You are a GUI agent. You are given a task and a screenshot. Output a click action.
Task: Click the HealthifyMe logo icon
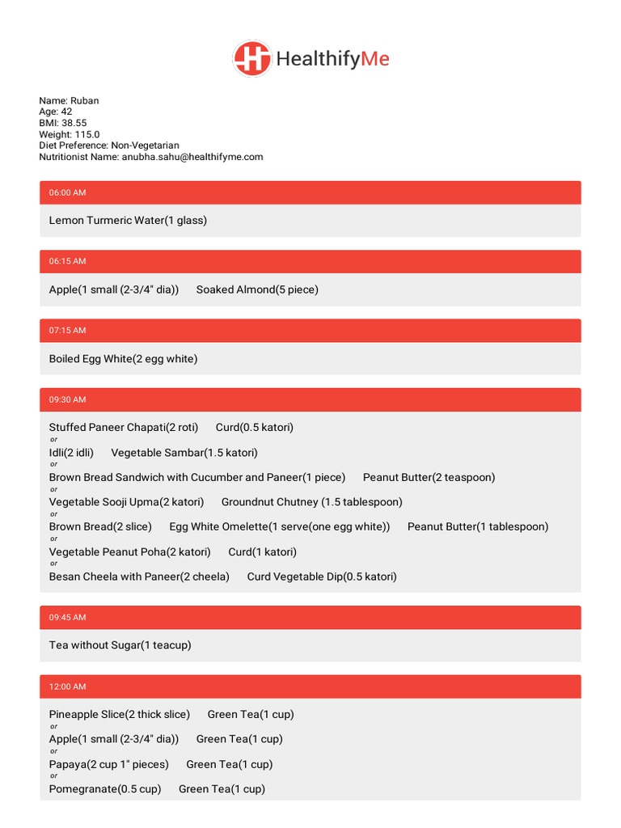(x=251, y=59)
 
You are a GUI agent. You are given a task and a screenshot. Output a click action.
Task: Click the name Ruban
(x=85, y=101)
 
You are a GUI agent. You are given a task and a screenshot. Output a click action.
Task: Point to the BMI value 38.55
(x=74, y=124)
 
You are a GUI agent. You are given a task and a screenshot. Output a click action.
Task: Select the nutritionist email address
(x=192, y=157)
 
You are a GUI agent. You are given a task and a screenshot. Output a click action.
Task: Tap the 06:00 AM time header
(x=67, y=192)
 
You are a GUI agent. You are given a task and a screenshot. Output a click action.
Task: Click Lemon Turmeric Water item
(x=128, y=220)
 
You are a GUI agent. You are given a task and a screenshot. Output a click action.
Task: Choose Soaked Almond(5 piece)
(x=257, y=289)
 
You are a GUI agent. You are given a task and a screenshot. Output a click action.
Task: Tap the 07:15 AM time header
(x=67, y=330)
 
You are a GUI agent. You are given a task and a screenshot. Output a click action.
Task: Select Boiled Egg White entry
(x=123, y=358)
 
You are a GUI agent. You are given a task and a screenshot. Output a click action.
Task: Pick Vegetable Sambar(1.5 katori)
(x=184, y=453)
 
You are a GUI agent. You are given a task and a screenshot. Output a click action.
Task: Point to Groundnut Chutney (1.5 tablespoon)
(x=311, y=502)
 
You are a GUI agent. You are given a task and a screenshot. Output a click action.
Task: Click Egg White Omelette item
(x=279, y=526)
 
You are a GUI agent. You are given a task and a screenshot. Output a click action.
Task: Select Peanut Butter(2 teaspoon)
(x=429, y=477)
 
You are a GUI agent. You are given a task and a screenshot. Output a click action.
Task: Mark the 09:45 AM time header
(x=67, y=617)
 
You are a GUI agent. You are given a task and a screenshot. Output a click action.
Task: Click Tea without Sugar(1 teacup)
(x=120, y=645)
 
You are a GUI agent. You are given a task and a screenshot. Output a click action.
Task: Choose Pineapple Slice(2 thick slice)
(x=119, y=714)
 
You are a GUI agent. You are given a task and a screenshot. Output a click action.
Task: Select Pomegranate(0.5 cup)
(x=104, y=788)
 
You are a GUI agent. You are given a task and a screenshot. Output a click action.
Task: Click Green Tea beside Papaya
(x=229, y=764)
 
